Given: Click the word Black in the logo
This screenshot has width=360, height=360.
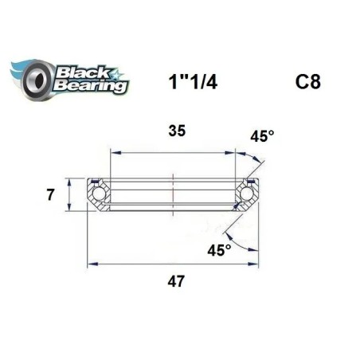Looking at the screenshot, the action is [x=83, y=72].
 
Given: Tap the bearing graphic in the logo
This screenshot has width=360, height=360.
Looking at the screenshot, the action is [x=38, y=79].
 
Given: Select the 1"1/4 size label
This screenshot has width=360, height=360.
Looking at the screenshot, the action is [x=193, y=82].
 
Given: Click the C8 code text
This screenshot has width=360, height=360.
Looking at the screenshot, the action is [x=308, y=82].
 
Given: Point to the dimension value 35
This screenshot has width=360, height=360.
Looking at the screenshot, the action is [x=177, y=131].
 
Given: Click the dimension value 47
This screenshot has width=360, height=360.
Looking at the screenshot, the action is [x=176, y=281].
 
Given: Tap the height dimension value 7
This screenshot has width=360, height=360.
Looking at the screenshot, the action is [x=50, y=195].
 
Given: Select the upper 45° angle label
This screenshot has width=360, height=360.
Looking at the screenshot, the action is [x=262, y=136].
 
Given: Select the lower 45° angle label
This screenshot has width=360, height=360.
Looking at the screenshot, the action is [x=219, y=250].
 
